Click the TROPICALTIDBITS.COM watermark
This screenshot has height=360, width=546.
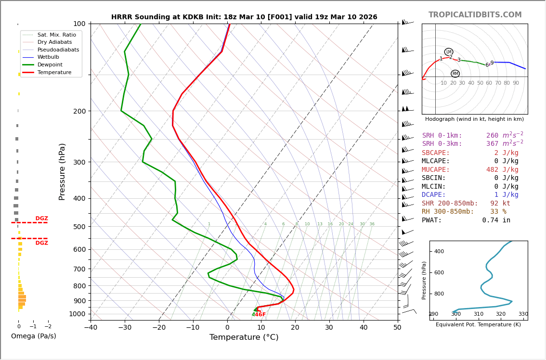pos(475,15)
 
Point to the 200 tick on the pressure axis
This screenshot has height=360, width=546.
pos(79,111)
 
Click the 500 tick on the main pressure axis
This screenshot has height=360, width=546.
pos(79,227)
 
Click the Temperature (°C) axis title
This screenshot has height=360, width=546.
pos(244,338)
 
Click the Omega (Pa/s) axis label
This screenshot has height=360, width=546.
pos(33,336)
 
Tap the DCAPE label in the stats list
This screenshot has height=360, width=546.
pos(434,195)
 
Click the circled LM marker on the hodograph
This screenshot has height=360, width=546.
pos(449,52)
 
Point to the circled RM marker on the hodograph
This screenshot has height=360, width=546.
pos(455,74)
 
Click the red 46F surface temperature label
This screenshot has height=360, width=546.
pos(260,315)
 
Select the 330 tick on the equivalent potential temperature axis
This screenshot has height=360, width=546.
pos(523,314)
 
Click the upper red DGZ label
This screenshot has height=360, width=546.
pos(41,219)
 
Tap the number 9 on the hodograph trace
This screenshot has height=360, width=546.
pos(492,63)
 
